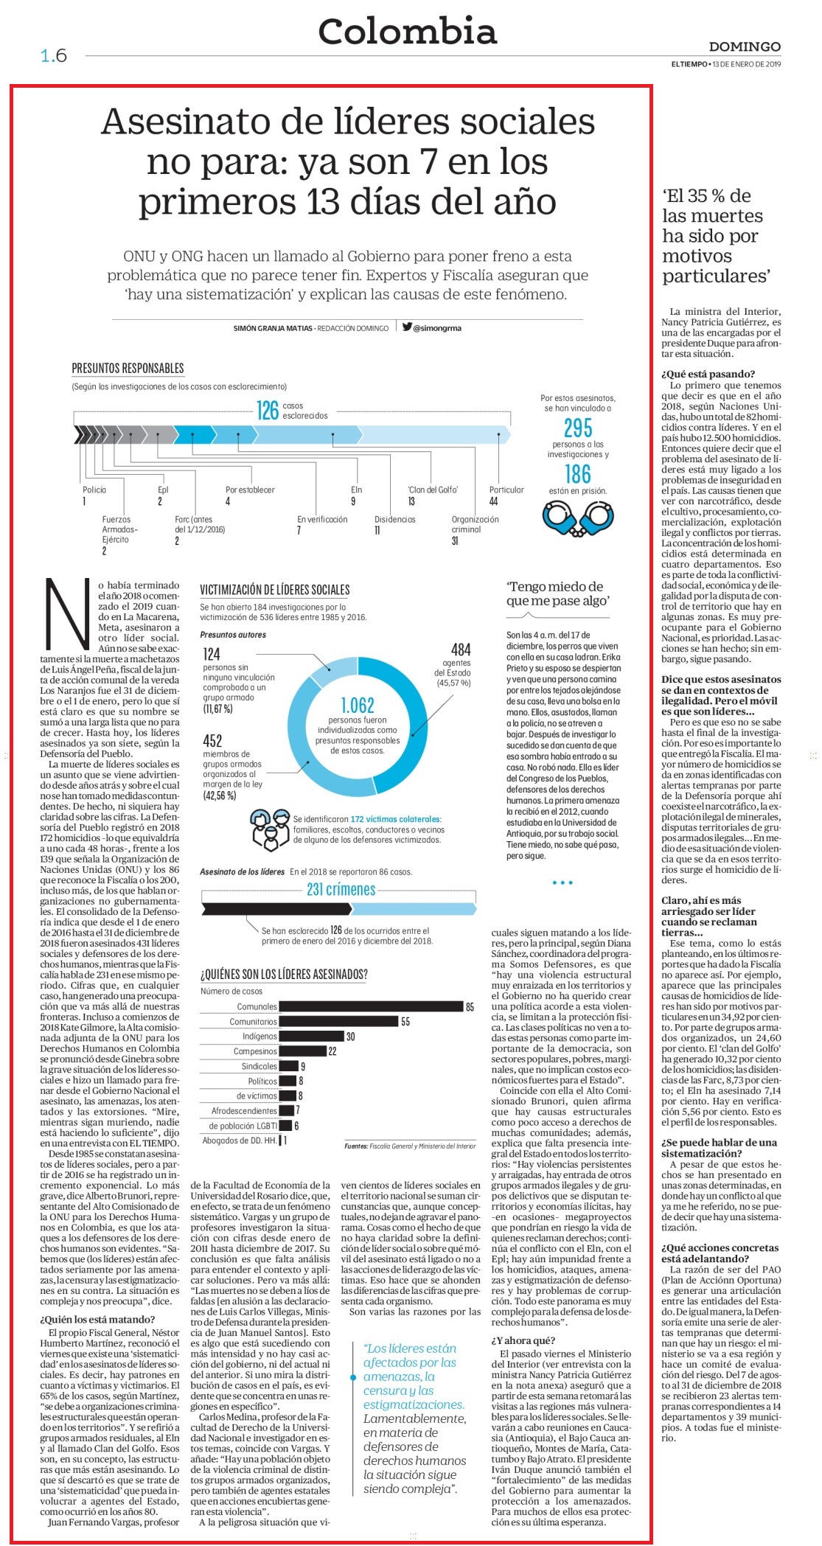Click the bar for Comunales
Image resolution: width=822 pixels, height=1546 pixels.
[x=371, y=1006]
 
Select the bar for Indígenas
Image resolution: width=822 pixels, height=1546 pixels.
[x=312, y=1037]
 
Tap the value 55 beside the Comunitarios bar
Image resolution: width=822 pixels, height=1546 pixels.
[x=405, y=1022]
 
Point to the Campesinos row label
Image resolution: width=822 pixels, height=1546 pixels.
[x=255, y=1051]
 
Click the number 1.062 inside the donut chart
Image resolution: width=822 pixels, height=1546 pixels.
[x=358, y=705]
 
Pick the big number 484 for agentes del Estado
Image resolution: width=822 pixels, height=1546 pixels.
[x=461, y=650]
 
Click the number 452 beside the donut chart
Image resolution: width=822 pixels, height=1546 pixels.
[x=212, y=741]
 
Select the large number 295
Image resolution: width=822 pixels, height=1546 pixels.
[x=578, y=428]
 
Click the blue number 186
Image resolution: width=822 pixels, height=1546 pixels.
[x=578, y=473]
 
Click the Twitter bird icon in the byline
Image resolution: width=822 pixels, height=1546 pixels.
[x=407, y=327]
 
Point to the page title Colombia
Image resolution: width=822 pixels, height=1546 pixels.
[x=408, y=32]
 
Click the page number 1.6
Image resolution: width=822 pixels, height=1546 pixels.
[x=54, y=55]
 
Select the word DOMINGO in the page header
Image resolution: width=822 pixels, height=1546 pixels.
[x=745, y=46]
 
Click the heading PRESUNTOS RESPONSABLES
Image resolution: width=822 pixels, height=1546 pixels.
[x=128, y=368]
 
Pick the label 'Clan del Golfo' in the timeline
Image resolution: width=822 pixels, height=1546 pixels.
[x=433, y=490]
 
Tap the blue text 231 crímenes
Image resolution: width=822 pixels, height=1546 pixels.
[x=341, y=889]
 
